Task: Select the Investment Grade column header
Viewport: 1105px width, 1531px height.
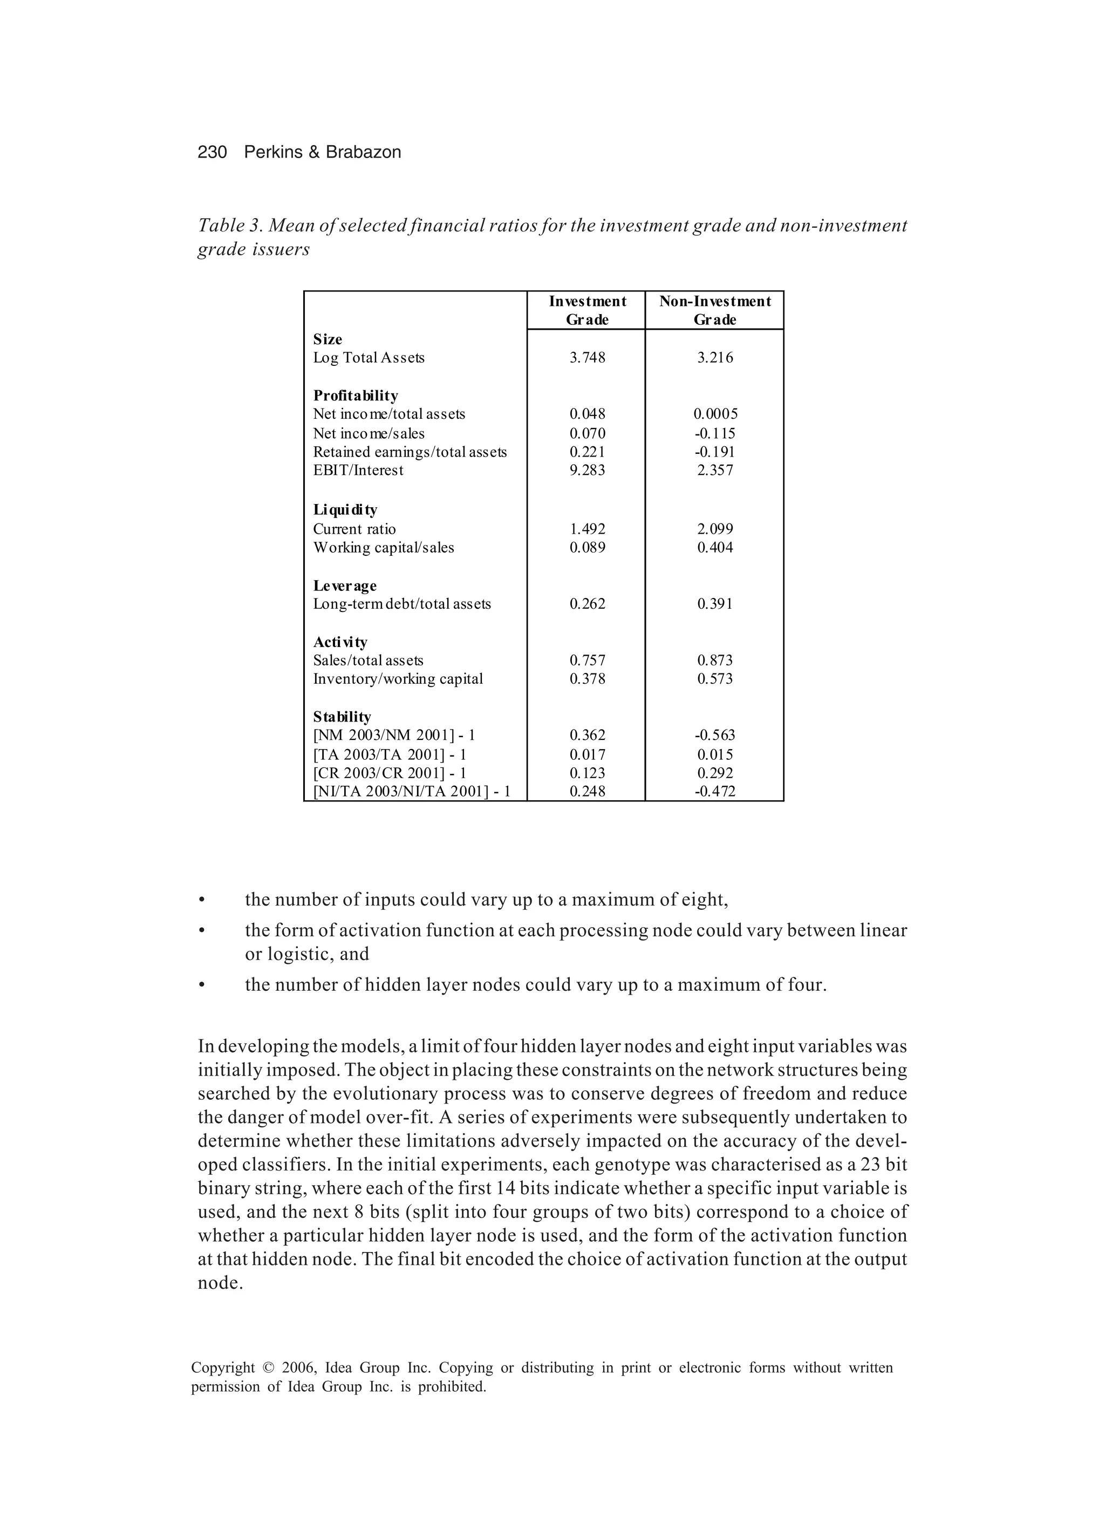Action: [x=586, y=310]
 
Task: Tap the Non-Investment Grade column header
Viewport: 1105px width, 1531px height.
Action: [x=714, y=310]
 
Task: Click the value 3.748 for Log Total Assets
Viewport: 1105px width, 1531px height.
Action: [x=586, y=358]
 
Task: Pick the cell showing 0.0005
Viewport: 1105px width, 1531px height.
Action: [x=715, y=414]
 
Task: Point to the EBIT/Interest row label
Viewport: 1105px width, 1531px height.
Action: [x=358, y=471]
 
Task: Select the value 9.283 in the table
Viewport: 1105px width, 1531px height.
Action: [x=586, y=471]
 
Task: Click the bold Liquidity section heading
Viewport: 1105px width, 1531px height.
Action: [x=344, y=509]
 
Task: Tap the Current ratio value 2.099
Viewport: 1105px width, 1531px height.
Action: [x=715, y=529]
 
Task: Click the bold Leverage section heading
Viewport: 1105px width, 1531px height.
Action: [x=344, y=586]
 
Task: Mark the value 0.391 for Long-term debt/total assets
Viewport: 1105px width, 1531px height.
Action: [x=715, y=604]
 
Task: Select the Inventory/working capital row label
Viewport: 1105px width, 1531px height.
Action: [x=398, y=679]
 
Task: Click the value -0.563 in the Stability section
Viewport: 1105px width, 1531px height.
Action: [x=715, y=735]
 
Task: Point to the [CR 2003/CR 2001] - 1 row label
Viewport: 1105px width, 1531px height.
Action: [x=390, y=773]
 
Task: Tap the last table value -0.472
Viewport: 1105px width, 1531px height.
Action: [x=715, y=791]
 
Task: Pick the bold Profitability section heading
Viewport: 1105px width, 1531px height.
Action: [x=355, y=396]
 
